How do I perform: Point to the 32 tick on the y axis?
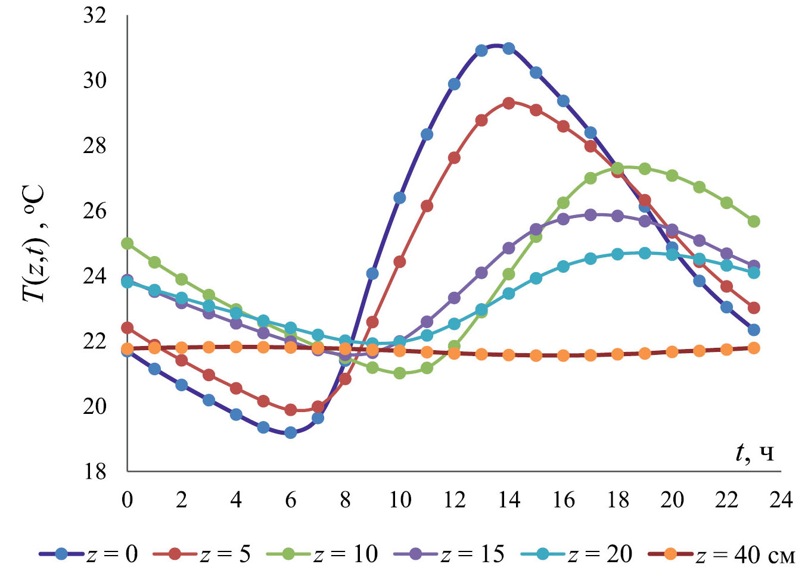(x=95, y=15)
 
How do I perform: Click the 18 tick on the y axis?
(x=95, y=472)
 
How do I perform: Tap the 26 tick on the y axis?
(x=95, y=211)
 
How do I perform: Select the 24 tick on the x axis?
(x=781, y=499)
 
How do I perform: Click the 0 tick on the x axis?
(x=127, y=499)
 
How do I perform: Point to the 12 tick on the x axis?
(x=454, y=499)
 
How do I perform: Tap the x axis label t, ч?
(x=754, y=453)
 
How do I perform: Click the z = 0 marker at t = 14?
(x=508, y=48)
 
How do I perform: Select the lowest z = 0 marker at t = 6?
(x=291, y=432)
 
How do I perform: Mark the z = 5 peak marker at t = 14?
(x=508, y=103)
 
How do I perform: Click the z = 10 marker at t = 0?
(x=127, y=243)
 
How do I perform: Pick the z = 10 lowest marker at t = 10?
(x=399, y=373)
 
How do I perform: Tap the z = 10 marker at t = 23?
(x=753, y=222)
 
